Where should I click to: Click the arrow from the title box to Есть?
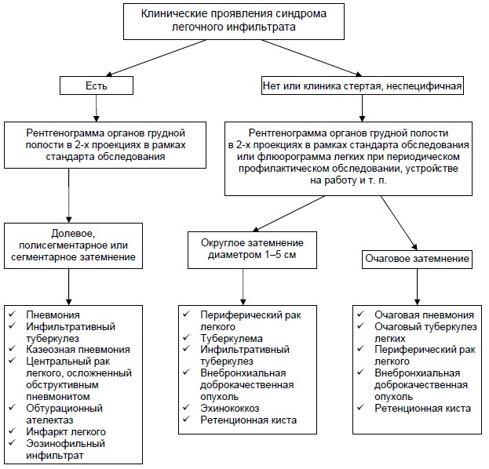[156, 58]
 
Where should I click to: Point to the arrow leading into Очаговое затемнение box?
[399, 223]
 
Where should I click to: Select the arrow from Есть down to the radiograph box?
[97, 108]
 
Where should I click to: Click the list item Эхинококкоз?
[230, 409]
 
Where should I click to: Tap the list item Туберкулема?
[232, 338]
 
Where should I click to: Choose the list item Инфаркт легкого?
[66, 431]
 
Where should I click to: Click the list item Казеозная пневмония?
[78, 350]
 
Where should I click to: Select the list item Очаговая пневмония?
[424, 314]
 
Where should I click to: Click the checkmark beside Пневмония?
[12, 314]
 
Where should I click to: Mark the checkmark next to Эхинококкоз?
[187, 408]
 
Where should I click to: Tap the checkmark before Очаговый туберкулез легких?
[360, 326]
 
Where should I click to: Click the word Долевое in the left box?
[73, 234]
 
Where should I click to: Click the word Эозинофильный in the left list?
[65, 443]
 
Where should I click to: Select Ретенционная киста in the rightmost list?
[422, 409]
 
